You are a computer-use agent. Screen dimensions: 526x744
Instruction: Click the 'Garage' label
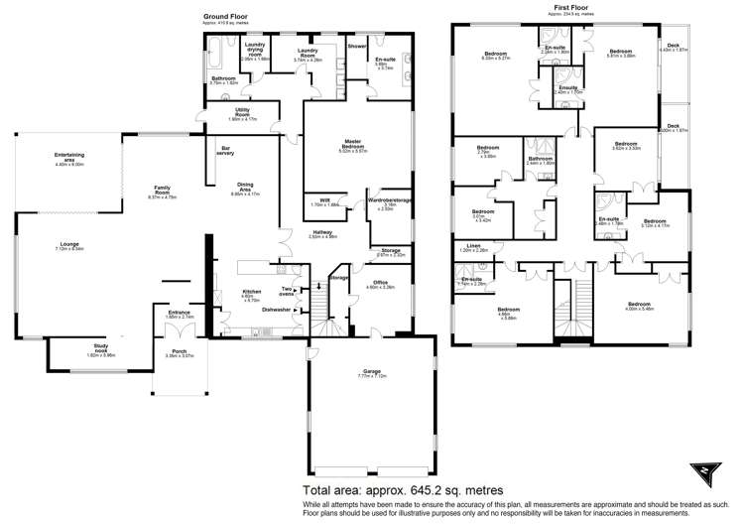pos(371,372)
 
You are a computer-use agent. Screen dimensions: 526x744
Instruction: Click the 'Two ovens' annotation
pos(289,291)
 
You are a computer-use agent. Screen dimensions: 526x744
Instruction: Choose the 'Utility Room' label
pos(241,112)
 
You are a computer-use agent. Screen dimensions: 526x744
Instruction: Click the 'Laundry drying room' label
pos(255,51)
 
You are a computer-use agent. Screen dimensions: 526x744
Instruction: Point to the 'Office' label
pos(380,282)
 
